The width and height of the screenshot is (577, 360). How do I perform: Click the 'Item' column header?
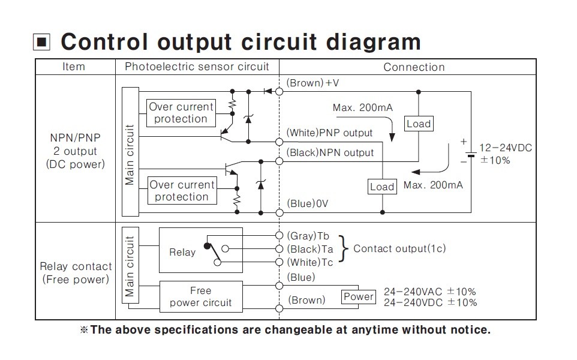point(74,67)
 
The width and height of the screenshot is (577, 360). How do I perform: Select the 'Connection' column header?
point(414,67)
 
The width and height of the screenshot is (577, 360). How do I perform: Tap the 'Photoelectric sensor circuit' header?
point(197,67)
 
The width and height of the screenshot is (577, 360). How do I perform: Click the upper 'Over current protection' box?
point(181,113)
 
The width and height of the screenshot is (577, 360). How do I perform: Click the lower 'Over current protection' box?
point(181,191)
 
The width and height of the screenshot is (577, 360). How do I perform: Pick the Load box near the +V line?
point(418,124)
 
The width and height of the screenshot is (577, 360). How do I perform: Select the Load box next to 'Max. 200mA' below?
point(381,187)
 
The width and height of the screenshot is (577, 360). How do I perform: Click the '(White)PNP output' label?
point(329,133)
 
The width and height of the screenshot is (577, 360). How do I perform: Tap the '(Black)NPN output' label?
point(330,152)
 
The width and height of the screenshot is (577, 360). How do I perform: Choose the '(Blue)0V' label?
point(308,203)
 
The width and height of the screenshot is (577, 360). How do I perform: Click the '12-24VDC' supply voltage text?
point(506,148)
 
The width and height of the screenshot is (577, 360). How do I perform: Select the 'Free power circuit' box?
point(200,296)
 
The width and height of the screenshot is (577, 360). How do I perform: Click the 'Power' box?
point(358,296)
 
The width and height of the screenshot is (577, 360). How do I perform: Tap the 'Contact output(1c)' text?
point(399,248)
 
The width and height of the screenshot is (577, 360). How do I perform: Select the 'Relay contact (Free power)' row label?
point(76,273)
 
